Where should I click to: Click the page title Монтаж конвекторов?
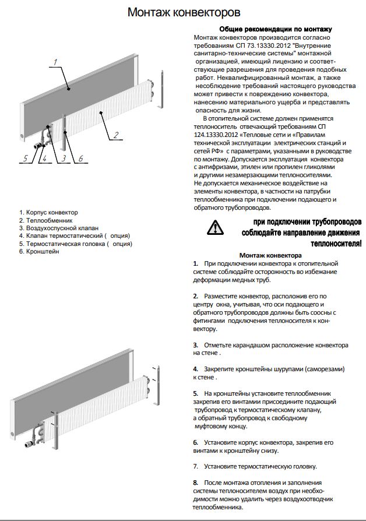point(184,12)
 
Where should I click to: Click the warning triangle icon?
point(214,227)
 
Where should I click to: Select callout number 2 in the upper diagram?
point(116,135)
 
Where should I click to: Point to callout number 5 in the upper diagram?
point(25,158)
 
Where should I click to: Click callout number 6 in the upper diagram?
point(80,158)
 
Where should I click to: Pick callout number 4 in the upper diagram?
point(41,158)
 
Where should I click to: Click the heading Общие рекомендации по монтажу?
point(276,29)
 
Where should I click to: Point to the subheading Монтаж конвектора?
point(270,255)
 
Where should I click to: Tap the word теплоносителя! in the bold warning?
point(337,242)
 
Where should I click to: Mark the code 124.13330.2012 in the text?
point(216,135)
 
